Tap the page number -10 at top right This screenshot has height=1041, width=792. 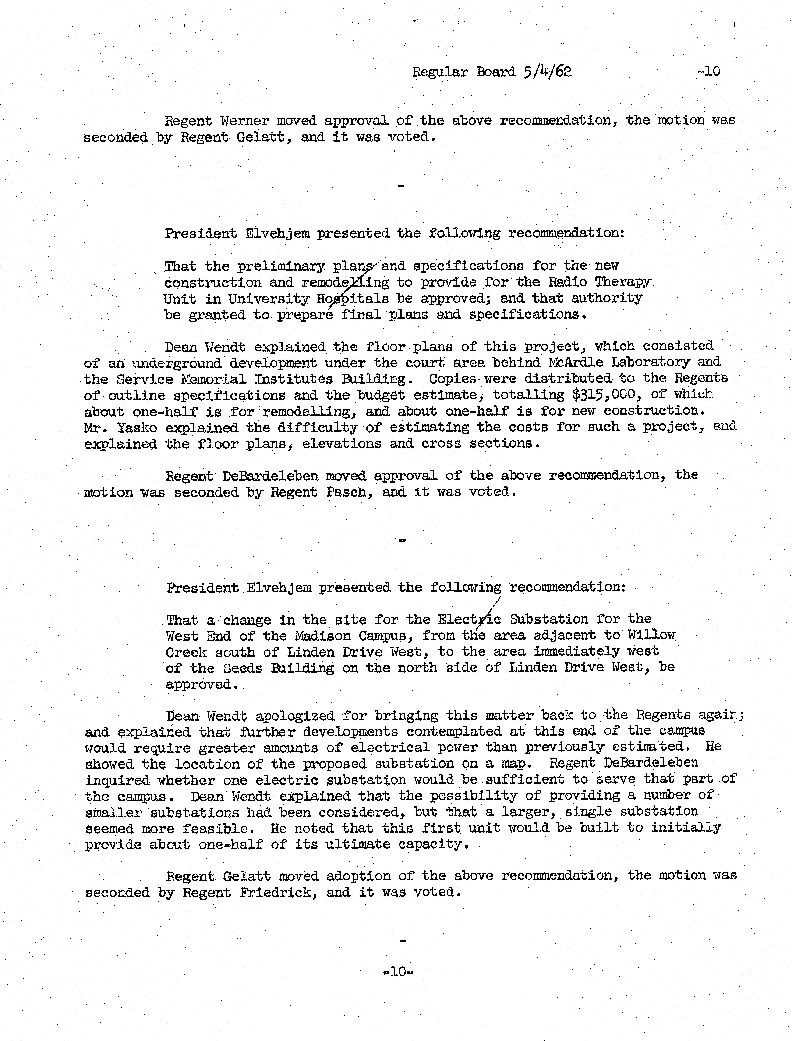tap(709, 71)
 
